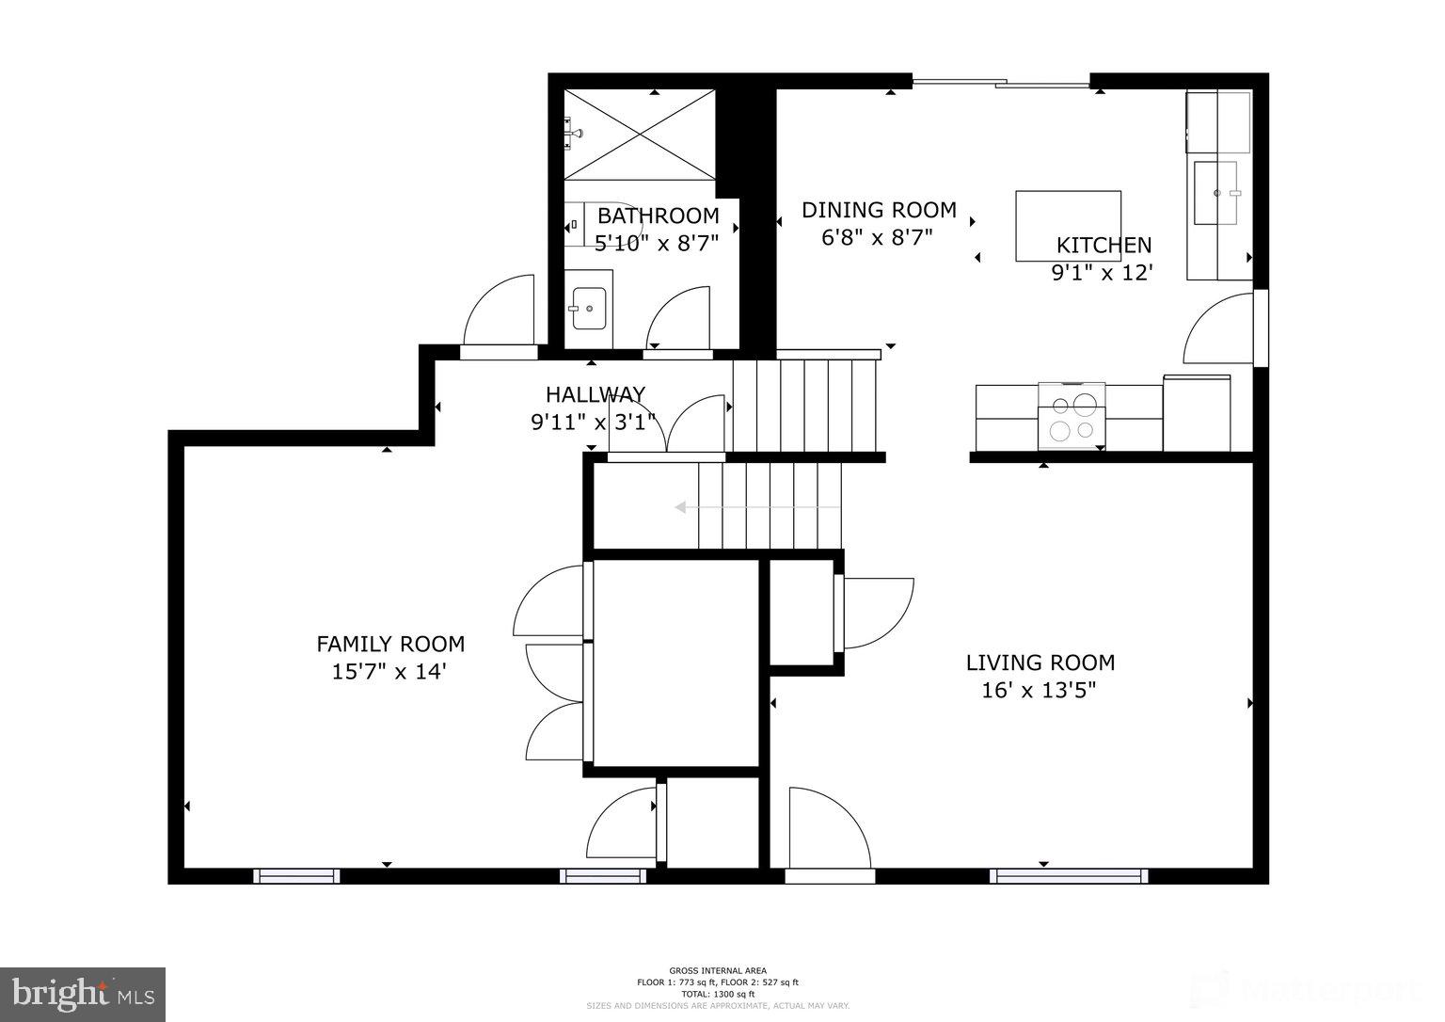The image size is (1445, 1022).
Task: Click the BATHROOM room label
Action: [x=658, y=216]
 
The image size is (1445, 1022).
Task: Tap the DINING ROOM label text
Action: [x=879, y=210]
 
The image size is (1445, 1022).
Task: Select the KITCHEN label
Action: [x=1104, y=246]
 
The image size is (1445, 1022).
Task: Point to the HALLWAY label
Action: [x=595, y=394]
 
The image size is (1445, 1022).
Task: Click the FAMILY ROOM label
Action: [x=390, y=645]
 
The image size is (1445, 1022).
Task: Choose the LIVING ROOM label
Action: [x=1040, y=663]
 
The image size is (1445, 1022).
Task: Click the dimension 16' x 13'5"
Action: [x=1039, y=691]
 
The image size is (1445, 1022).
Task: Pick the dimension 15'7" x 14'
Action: [x=388, y=672]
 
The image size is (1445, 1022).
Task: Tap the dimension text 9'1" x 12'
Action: [x=1102, y=273]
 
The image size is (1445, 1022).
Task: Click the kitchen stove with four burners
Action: [x=1072, y=417]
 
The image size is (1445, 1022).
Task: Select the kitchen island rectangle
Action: [x=1068, y=226]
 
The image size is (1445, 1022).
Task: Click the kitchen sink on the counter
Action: [x=1215, y=193]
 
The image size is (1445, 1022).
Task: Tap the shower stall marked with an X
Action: [x=640, y=134]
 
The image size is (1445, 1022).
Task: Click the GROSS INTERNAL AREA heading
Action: [x=718, y=970]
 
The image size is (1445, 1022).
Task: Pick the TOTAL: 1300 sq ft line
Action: [x=718, y=994]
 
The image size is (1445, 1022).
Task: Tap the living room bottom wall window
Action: [x=1069, y=876]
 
